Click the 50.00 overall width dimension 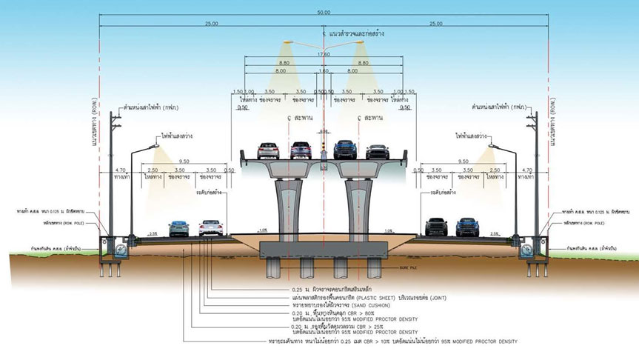[x=323, y=13]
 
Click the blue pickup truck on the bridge [x=345, y=150]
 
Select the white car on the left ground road [x=210, y=227]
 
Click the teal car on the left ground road [x=178, y=228]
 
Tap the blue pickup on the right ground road [x=466, y=227]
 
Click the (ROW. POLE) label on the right [x=592, y=222]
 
